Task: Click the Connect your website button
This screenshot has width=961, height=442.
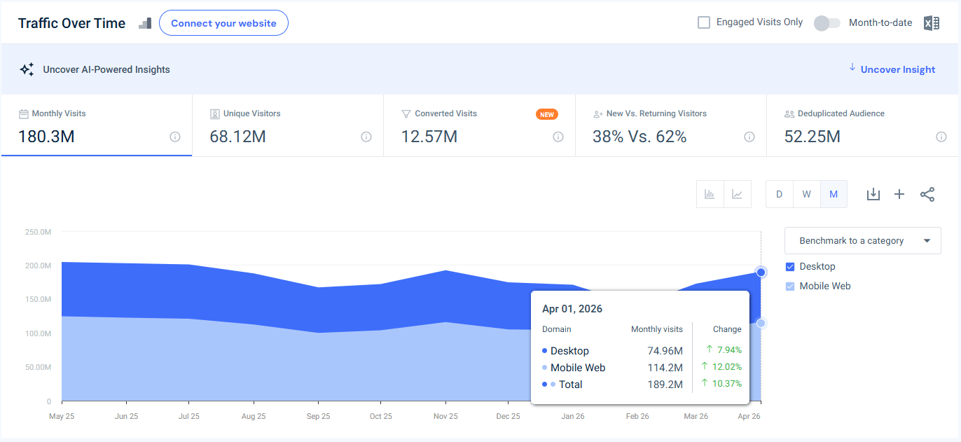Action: click(223, 23)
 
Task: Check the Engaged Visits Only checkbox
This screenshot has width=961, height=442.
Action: click(703, 22)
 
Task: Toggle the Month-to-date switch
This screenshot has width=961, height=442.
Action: click(827, 22)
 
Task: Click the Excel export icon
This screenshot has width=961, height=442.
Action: click(932, 22)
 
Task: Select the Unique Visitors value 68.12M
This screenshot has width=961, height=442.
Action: click(237, 137)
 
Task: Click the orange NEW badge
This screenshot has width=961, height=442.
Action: click(546, 114)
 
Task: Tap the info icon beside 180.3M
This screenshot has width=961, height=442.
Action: click(174, 137)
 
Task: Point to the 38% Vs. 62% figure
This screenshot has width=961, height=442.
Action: click(639, 137)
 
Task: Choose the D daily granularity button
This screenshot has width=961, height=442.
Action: click(779, 195)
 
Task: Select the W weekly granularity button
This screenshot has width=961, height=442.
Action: click(807, 195)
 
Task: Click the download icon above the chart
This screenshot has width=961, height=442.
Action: click(873, 195)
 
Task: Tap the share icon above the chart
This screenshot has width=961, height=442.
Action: click(927, 195)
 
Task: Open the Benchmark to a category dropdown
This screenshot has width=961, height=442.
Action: click(863, 241)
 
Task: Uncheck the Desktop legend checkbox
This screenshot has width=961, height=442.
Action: click(790, 267)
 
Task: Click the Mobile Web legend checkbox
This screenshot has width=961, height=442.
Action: click(790, 286)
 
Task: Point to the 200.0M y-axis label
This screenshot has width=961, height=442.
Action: click(39, 265)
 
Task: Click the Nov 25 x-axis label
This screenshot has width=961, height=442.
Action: click(445, 416)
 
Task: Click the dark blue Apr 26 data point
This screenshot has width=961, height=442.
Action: click(761, 272)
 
